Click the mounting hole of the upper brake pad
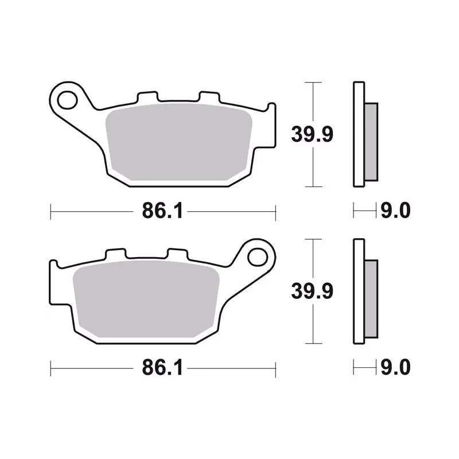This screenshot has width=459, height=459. pyautogui.click(x=68, y=100)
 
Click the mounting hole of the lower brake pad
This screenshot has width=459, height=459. pyautogui.click(x=258, y=258)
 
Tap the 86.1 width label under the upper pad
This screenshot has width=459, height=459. pyautogui.click(x=162, y=211)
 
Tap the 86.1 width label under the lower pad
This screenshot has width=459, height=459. pyautogui.click(x=162, y=368)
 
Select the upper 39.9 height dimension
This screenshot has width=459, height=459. pyautogui.click(x=312, y=135)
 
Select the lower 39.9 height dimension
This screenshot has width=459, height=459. pyautogui.click(x=312, y=291)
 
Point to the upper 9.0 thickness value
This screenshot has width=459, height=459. pyautogui.click(x=395, y=211)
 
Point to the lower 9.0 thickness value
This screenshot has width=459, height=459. pyautogui.click(x=395, y=367)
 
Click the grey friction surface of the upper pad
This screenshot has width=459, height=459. pyautogui.click(x=178, y=142)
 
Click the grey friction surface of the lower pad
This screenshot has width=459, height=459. pyautogui.click(x=146, y=299)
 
